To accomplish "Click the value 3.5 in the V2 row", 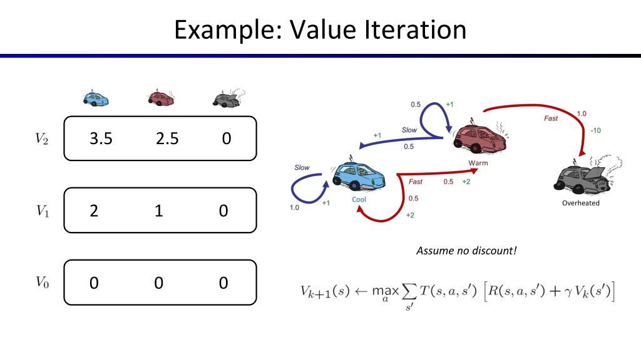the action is (x=101, y=139).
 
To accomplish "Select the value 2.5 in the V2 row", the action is (x=167, y=139).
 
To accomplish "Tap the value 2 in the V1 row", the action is (x=94, y=211).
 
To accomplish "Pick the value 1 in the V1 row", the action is (x=158, y=211).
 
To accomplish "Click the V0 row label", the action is (x=42, y=283).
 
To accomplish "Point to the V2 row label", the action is (x=42, y=139).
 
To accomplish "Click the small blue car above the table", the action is (x=96, y=98).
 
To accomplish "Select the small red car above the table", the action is (x=161, y=98).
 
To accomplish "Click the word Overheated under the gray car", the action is (x=580, y=203).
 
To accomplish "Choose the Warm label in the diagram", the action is (x=478, y=163).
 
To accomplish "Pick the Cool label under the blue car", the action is (x=359, y=199).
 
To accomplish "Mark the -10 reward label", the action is (x=596, y=130).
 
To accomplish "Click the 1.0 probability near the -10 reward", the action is (x=582, y=114).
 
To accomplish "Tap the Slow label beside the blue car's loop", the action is (x=302, y=167).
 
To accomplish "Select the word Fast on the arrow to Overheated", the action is (x=551, y=118).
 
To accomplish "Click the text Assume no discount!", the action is (x=466, y=251).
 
